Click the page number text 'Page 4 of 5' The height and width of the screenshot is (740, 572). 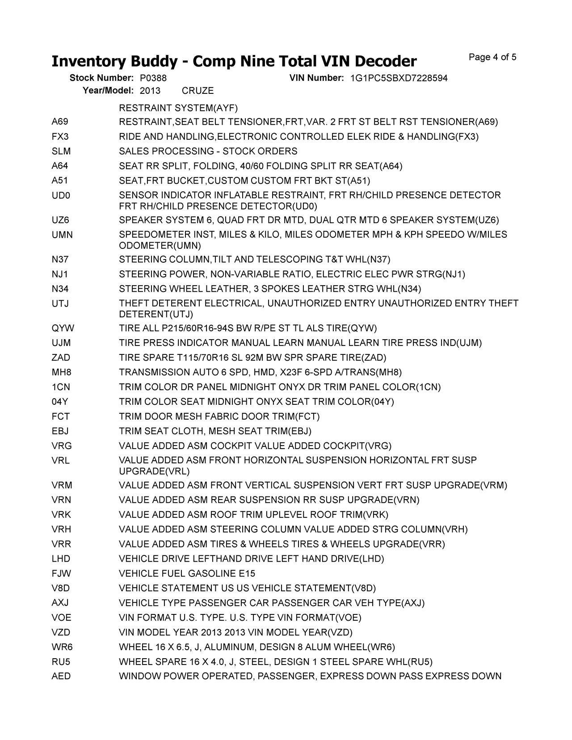pos(492,57)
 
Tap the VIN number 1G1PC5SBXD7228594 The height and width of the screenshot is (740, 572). pos(399,79)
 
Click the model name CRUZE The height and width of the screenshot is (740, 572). pos(198,91)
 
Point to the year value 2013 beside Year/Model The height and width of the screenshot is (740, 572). pos(150,91)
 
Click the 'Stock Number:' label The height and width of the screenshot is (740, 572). pos(101,78)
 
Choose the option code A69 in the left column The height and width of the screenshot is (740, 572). pos(60,122)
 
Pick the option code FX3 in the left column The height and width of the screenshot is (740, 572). pos(60,137)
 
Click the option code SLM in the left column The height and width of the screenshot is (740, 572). pos(61,151)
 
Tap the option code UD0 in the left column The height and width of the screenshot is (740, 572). pos(61,196)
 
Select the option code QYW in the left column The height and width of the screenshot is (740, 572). pos(63,328)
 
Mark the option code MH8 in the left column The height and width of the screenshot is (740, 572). pos(61,372)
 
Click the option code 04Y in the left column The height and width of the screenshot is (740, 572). pos(60,402)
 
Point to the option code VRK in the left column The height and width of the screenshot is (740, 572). pos(61,515)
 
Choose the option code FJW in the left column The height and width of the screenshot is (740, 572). pos(61,573)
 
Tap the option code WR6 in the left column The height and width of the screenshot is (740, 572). pos(62,647)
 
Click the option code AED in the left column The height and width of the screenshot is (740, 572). pos(61,677)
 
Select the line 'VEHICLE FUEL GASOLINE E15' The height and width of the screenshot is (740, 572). pos(187,573)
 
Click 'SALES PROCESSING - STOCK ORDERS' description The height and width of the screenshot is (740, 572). pos(208,151)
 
